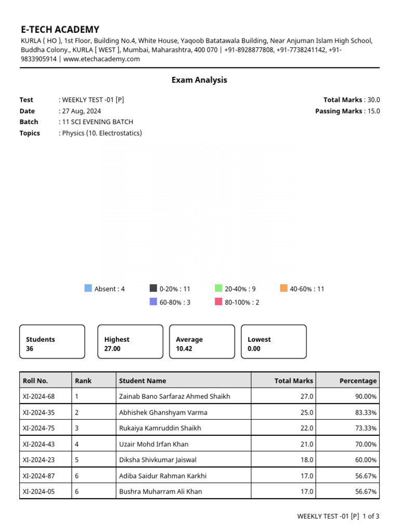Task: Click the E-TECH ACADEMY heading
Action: click(x=60, y=30)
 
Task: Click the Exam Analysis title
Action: click(x=199, y=80)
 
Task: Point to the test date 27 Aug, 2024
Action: click(x=82, y=111)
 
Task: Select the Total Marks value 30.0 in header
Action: click(x=374, y=100)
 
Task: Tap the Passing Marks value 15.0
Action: click(x=374, y=111)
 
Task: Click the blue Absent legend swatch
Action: click(x=88, y=288)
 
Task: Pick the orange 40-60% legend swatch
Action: click(x=284, y=288)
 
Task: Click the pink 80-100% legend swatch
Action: click(x=219, y=302)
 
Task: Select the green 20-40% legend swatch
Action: click(x=219, y=288)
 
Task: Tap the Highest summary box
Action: click(x=130, y=342)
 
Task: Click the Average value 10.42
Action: click(x=184, y=349)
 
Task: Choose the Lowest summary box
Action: click(x=273, y=342)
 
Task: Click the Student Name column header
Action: click(x=142, y=381)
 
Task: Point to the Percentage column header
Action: click(x=358, y=381)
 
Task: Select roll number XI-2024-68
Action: click(x=38, y=396)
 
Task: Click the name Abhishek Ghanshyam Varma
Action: click(x=163, y=413)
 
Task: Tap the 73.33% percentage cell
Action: click(x=366, y=428)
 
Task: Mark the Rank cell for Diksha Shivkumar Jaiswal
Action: click(x=77, y=460)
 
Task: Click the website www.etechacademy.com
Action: click(x=102, y=59)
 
